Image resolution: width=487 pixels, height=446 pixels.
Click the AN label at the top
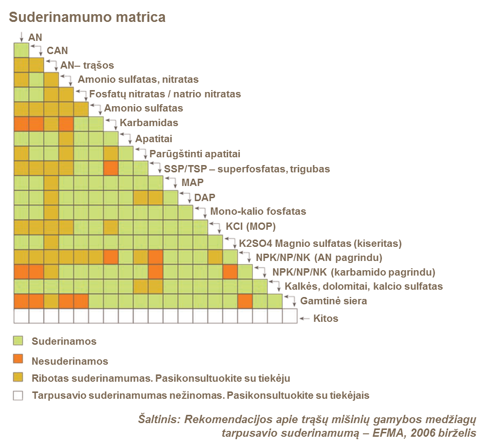click(x=36, y=37)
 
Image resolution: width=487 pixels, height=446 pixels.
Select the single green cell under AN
click(x=21, y=51)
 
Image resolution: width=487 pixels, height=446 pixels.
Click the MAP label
click(x=193, y=184)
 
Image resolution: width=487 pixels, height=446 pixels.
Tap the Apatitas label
click(x=154, y=140)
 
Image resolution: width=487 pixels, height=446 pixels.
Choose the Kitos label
click(x=325, y=319)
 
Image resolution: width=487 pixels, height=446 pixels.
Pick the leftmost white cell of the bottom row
click(x=21, y=316)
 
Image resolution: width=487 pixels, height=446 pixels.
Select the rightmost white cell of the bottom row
click(x=289, y=316)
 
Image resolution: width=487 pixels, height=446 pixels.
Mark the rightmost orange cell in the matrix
click(x=245, y=301)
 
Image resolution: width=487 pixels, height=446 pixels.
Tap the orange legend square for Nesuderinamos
click(x=18, y=359)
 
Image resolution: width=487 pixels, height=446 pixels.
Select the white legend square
click(x=18, y=396)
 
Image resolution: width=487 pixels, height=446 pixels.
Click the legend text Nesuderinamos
click(x=70, y=361)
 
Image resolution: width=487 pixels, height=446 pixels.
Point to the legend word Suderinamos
click(x=64, y=342)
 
